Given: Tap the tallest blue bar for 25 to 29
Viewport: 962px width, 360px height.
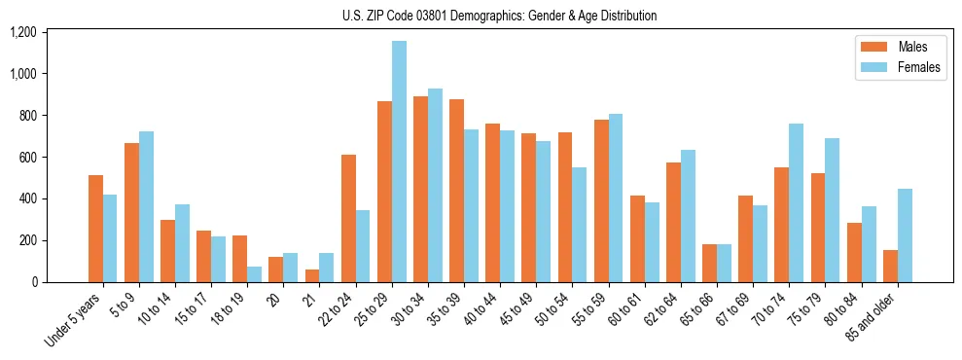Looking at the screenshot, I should [399, 162].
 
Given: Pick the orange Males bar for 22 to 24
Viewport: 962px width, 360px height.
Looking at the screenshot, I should [348, 218].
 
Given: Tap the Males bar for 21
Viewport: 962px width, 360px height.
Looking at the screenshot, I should [312, 275].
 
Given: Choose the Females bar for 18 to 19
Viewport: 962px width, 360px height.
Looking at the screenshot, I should [255, 274].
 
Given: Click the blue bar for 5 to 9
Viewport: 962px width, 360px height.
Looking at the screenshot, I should [146, 206].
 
